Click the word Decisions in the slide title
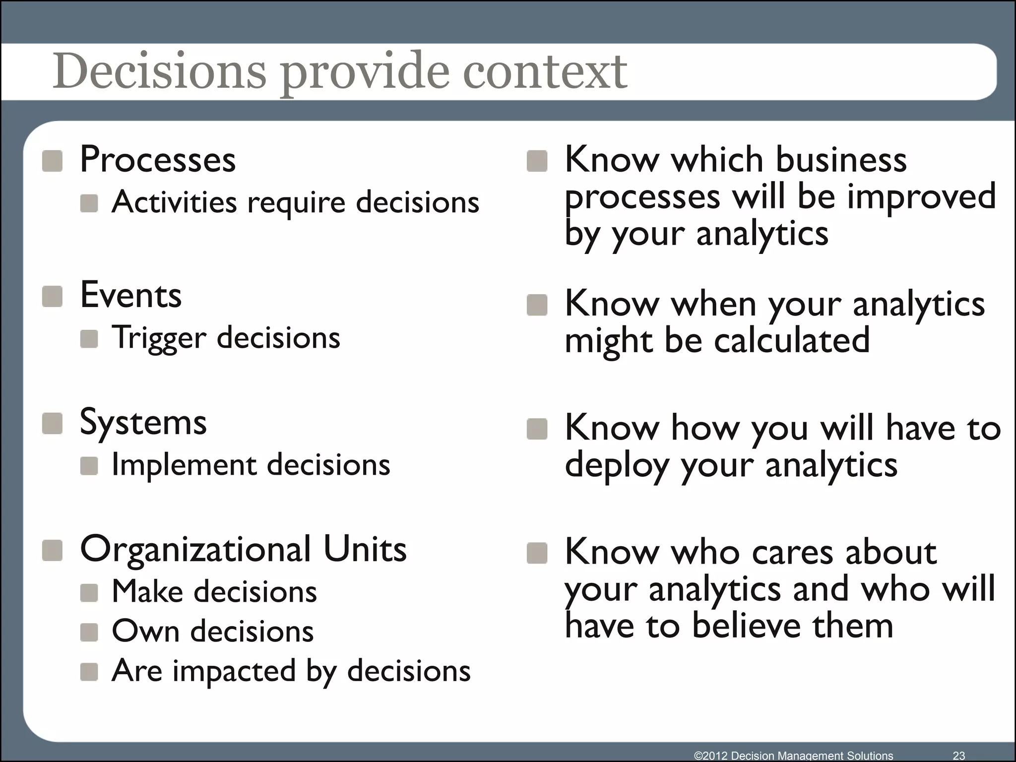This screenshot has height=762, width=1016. [159, 72]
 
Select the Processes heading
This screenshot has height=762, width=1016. [158, 160]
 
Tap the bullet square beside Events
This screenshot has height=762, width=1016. [52, 296]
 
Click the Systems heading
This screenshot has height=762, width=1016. [143, 423]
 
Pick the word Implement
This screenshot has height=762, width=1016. [184, 465]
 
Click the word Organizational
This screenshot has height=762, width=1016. [195, 549]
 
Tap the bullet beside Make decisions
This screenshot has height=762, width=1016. [89, 592]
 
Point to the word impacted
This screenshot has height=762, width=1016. [234, 671]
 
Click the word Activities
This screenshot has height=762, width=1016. [174, 202]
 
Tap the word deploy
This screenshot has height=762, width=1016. [618, 466]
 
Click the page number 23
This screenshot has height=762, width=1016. [959, 755]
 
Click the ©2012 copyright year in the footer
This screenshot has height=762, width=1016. [711, 756]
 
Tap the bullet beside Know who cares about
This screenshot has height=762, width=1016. [537, 553]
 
